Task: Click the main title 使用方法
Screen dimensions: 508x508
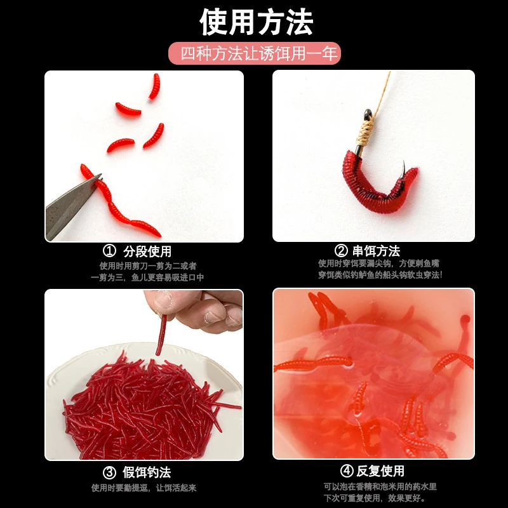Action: pos(256,22)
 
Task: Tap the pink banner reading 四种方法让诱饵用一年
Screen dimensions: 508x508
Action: pos(255,53)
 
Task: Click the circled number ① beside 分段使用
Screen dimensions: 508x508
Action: pos(109,250)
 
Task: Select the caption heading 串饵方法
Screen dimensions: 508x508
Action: pos(376,251)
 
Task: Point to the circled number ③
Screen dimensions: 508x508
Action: pos(109,472)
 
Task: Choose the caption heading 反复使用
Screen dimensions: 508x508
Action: pos(380,471)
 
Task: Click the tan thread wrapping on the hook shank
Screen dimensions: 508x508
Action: pos(365,132)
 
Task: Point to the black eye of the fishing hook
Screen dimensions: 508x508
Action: pos(368,114)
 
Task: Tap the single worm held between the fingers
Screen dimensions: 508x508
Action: pos(161,335)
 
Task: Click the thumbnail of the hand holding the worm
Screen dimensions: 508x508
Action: pos(163,299)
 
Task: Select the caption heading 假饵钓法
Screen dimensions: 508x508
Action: pos(147,472)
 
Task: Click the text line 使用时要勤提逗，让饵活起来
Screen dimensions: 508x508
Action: pos(144,488)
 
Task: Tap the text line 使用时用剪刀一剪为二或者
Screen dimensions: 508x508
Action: pos(148,266)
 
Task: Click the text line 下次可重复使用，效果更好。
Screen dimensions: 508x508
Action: pos(374,498)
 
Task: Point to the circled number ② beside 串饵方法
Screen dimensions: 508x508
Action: pos(341,251)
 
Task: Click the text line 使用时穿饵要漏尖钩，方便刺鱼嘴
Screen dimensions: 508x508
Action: pos(378,263)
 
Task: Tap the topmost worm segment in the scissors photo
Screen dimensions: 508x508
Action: pos(155,86)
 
